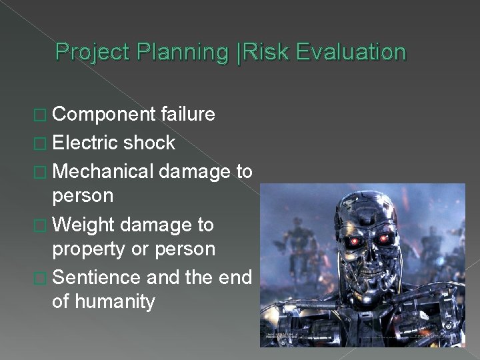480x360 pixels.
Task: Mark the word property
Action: [85, 249]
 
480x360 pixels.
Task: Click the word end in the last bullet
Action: [235, 277]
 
